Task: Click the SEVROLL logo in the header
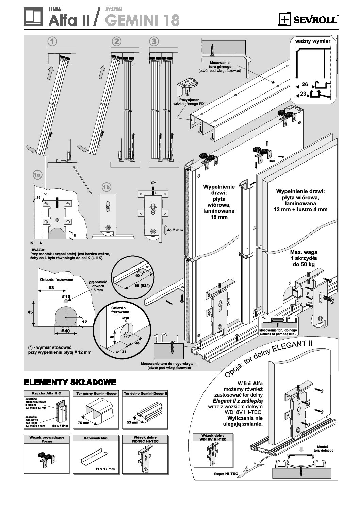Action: [309, 19]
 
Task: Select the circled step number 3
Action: [154, 41]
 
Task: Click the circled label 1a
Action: [37, 175]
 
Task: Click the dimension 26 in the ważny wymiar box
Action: [305, 85]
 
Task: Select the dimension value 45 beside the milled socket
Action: [30, 312]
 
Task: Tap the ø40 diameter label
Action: [65, 331]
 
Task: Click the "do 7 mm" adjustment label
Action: [175, 230]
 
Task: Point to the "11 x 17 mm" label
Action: [105, 469]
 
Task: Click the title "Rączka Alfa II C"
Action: [46, 394]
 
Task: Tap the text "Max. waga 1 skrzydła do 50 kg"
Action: [304, 258]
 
